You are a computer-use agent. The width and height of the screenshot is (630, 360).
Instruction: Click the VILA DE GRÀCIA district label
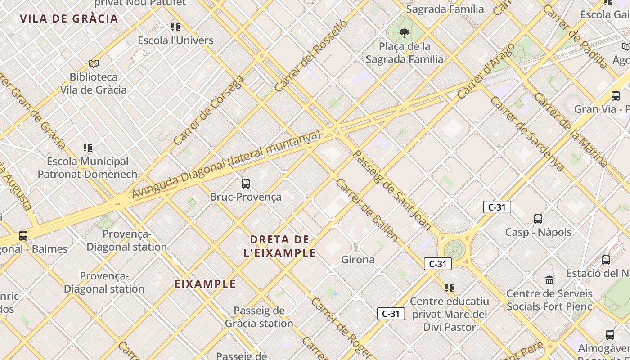pyautogui.click(x=69, y=18)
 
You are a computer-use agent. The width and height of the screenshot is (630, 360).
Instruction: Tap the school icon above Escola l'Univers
pyautogui.click(x=175, y=27)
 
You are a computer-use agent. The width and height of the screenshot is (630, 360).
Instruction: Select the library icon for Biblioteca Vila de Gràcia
pyautogui.click(x=94, y=63)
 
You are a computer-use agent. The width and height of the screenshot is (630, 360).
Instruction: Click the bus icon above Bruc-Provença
pyautogui.click(x=246, y=183)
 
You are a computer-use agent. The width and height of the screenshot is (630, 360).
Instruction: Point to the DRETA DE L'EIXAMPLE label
pyautogui.click(x=279, y=246)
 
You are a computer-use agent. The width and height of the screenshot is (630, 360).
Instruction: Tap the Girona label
pyautogui.click(x=358, y=260)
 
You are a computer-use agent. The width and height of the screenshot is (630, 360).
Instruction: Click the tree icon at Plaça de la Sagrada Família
pyautogui.click(x=404, y=32)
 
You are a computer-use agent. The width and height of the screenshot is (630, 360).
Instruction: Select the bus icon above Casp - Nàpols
pyautogui.click(x=538, y=219)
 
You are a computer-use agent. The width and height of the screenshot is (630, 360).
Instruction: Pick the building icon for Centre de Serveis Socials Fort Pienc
pyautogui.click(x=549, y=280)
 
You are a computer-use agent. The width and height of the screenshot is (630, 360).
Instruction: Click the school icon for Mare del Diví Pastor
pyautogui.click(x=449, y=288)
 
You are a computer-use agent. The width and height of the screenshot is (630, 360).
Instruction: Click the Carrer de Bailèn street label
pyautogui.click(x=367, y=209)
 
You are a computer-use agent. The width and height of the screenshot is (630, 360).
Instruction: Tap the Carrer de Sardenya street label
pyautogui.click(x=527, y=134)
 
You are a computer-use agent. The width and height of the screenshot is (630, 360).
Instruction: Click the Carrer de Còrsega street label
pyautogui.click(x=208, y=111)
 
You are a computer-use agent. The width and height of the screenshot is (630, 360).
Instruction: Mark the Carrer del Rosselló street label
pyautogui.click(x=311, y=56)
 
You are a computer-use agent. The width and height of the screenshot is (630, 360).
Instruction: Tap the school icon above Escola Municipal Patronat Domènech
pyautogui.click(x=88, y=148)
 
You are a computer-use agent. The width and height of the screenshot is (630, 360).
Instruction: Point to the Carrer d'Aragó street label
pyautogui.click(x=486, y=71)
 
